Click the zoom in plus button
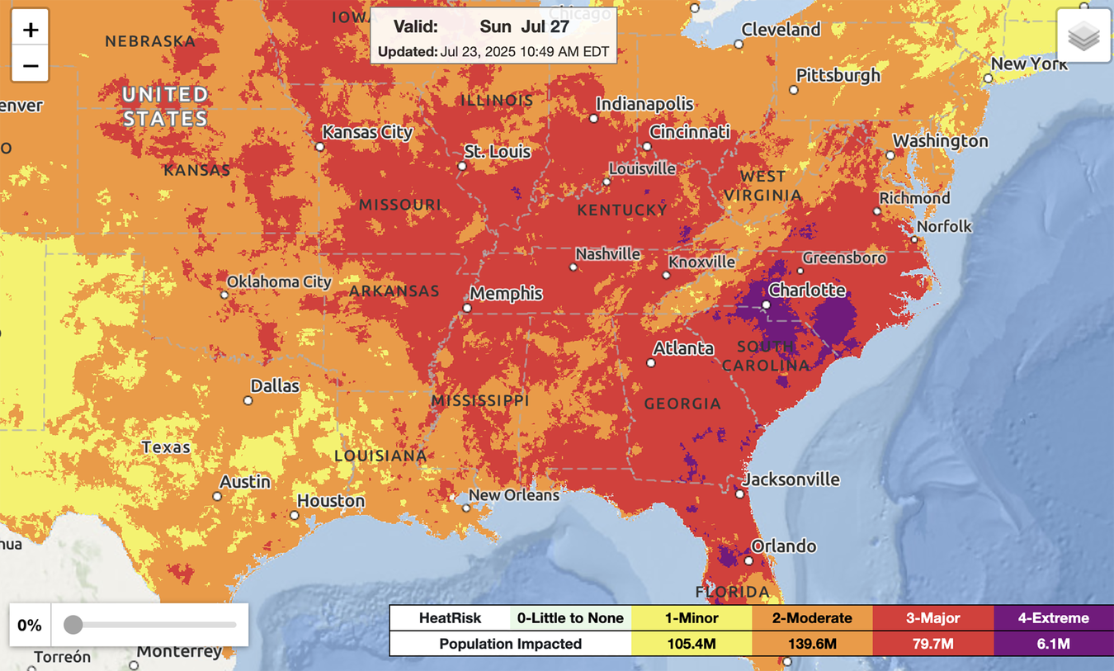coord(31,31)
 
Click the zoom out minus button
coord(31,65)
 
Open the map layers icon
coord(1083,36)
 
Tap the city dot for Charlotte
coord(767,305)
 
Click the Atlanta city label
coord(683,348)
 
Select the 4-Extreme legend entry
coord(1052,618)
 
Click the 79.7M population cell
coord(933,644)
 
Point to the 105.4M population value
coord(692,644)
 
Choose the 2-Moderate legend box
coord(812,618)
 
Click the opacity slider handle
coord(73,625)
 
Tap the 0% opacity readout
coord(30,625)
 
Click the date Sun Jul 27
coord(524,26)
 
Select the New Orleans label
coord(513,495)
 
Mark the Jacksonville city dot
coord(740,494)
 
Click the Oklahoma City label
coord(279,282)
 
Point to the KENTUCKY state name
coord(621,210)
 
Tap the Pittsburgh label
coord(838,75)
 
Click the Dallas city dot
coord(248,401)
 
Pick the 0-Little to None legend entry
coord(570,618)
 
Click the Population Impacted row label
coord(510,644)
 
